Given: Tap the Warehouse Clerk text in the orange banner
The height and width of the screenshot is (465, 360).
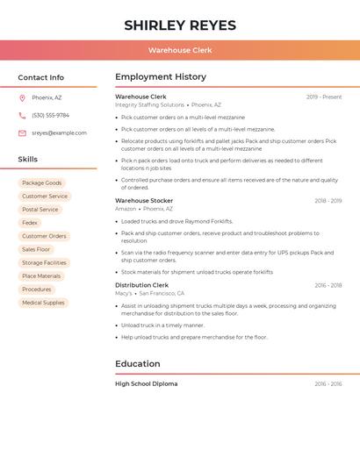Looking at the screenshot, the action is pos(180,50).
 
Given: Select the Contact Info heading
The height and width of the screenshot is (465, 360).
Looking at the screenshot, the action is pos(40,77).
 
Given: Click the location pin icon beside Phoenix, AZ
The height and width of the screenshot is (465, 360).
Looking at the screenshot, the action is pos(22,97).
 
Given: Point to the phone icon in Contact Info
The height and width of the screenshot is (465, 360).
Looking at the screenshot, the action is pos(22,115).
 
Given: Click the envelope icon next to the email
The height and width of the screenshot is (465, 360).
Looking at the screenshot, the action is pos(22,133).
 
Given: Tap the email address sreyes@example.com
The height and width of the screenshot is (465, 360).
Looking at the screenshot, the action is pos(59,133).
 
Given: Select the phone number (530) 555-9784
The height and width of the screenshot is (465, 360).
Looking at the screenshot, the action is pos(50,115).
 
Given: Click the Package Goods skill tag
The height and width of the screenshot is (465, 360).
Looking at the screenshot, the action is pos(41,182).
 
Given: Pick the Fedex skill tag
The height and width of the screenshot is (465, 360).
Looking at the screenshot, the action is pos(30,223).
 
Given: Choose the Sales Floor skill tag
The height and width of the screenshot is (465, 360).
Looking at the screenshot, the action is pos(36,249).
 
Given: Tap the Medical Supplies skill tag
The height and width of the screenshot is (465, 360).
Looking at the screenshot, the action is pos(43,303).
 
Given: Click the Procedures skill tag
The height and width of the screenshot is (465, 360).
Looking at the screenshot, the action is pos(37,290).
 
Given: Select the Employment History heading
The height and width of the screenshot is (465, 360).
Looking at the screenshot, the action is pos(161,77).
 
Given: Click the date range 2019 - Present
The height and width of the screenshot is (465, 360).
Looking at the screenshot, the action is pos(324,97).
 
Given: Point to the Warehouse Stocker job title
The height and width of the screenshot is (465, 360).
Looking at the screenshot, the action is pos(144,201).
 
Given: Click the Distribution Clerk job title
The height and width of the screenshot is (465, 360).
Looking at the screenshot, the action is pos(141,285).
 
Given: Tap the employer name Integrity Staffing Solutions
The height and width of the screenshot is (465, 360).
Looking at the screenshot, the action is pos(149,104).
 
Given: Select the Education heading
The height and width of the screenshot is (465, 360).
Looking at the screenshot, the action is pos(138,364).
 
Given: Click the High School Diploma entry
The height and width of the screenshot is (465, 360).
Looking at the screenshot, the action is pos(146,383).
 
